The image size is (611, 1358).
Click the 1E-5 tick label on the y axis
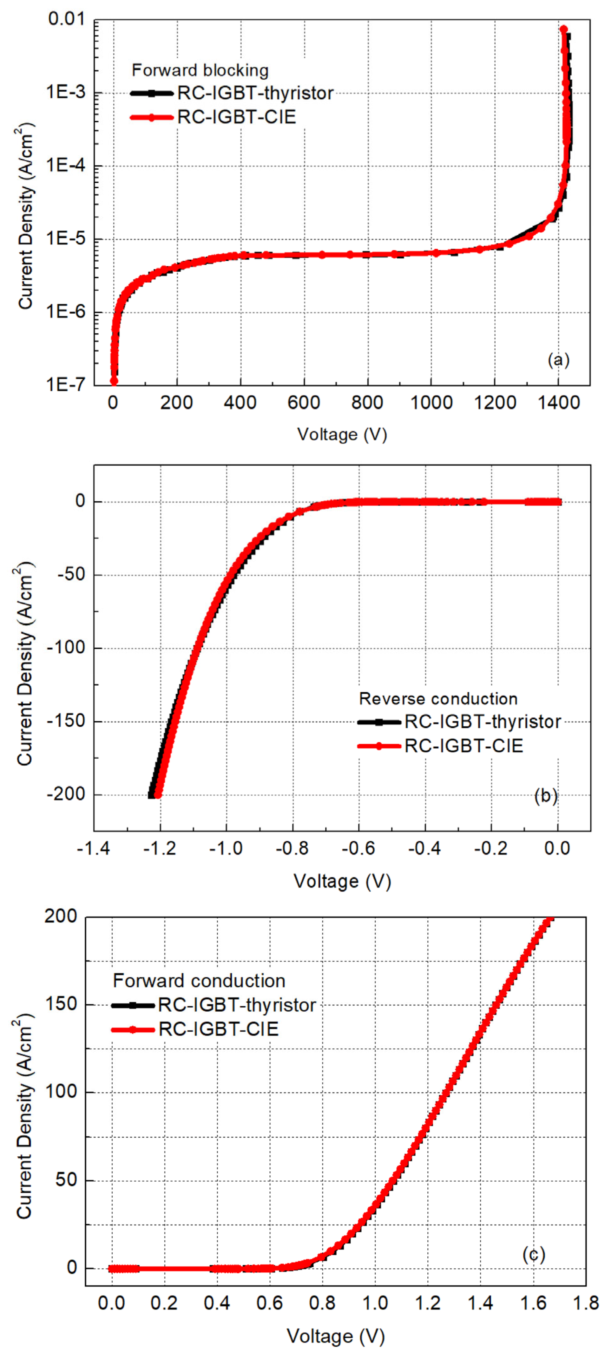pyautogui.click(x=65, y=239)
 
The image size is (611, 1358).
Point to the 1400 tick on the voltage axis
pyautogui.click(x=558, y=403)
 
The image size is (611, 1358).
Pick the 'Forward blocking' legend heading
pyautogui.click(x=200, y=70)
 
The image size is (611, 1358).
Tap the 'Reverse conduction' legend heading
pyautogui.click(x=438, y=699)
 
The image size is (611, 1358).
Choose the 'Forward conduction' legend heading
pyautogui.click(x=199, y=981)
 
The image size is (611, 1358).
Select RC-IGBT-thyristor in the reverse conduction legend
pyautogui.click(x=483, y=722)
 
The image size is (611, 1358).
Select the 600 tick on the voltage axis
pyautogui.click(x=304, y=403)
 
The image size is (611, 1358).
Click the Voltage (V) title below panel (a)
pyautogui.click(x=342, y=434)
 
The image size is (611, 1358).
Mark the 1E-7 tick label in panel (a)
pyautogui.click(x=65, y=385)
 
